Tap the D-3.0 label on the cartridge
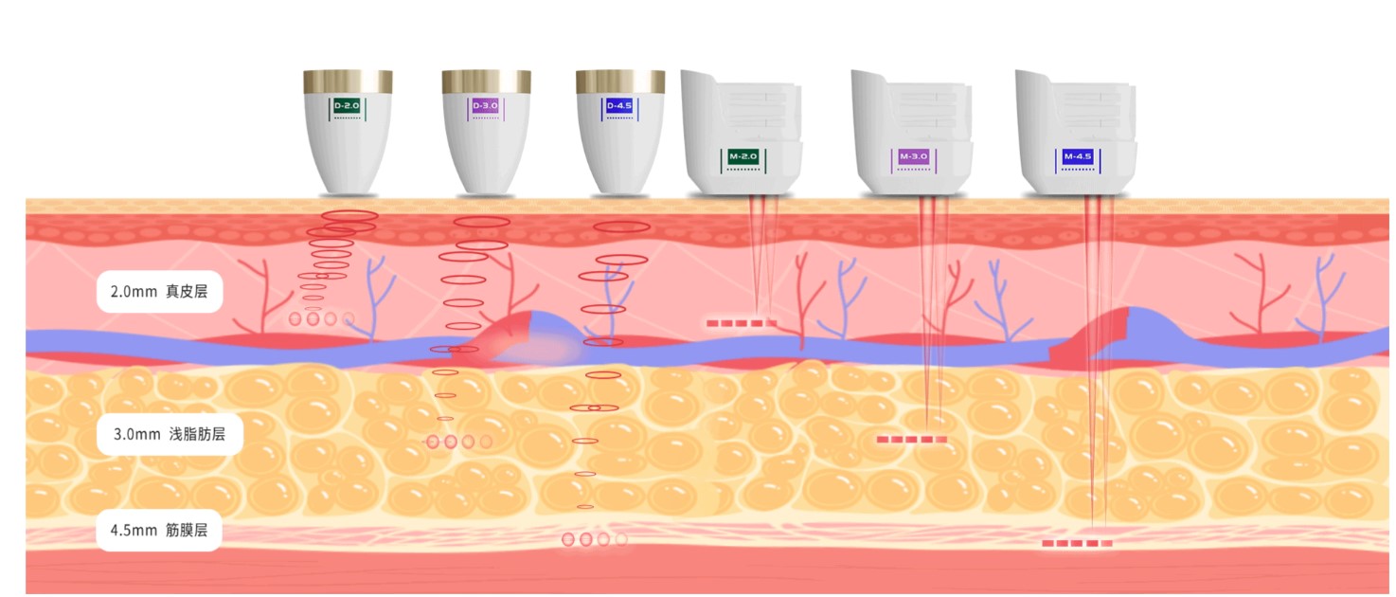(485, 106)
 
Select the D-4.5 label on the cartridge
(618, 105)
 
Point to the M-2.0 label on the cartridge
(744, 155)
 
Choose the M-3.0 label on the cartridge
(913, 155)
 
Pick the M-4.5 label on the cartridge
(1078, 155)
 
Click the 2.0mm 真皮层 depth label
(159, 292)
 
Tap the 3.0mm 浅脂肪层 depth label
(170, 436)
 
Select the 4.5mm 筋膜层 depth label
(159, 531)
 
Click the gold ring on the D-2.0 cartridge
(348, 81)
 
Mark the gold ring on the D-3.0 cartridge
(486, 81)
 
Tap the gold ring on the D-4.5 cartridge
(620, 81)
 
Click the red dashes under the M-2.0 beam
(742, 323)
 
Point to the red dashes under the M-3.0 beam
(912, 440)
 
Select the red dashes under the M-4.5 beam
(1077, 544)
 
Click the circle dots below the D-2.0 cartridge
(322, 318)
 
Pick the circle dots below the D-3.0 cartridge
(459, 442)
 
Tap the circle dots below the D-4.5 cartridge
(594, 539)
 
